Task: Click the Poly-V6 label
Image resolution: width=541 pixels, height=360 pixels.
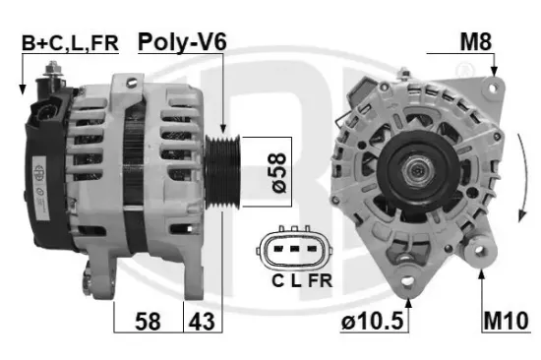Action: coord(182,42)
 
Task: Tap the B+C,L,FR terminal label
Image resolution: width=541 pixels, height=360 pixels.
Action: coord(70,43)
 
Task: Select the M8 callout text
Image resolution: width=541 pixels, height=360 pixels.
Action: coord(476,41)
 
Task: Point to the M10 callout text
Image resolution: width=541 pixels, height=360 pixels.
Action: coord(506,321)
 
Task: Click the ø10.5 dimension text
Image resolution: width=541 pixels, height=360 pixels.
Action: coord(372,321)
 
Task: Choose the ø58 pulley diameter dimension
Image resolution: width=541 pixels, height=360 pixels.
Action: coord(278,172)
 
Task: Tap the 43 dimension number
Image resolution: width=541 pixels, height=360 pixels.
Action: coord(202,322)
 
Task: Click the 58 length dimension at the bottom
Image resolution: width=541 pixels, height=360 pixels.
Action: coord(148,322)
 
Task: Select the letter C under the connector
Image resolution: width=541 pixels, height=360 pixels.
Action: coord(277,281)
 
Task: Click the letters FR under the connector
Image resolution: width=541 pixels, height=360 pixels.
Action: coord(320,281)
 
